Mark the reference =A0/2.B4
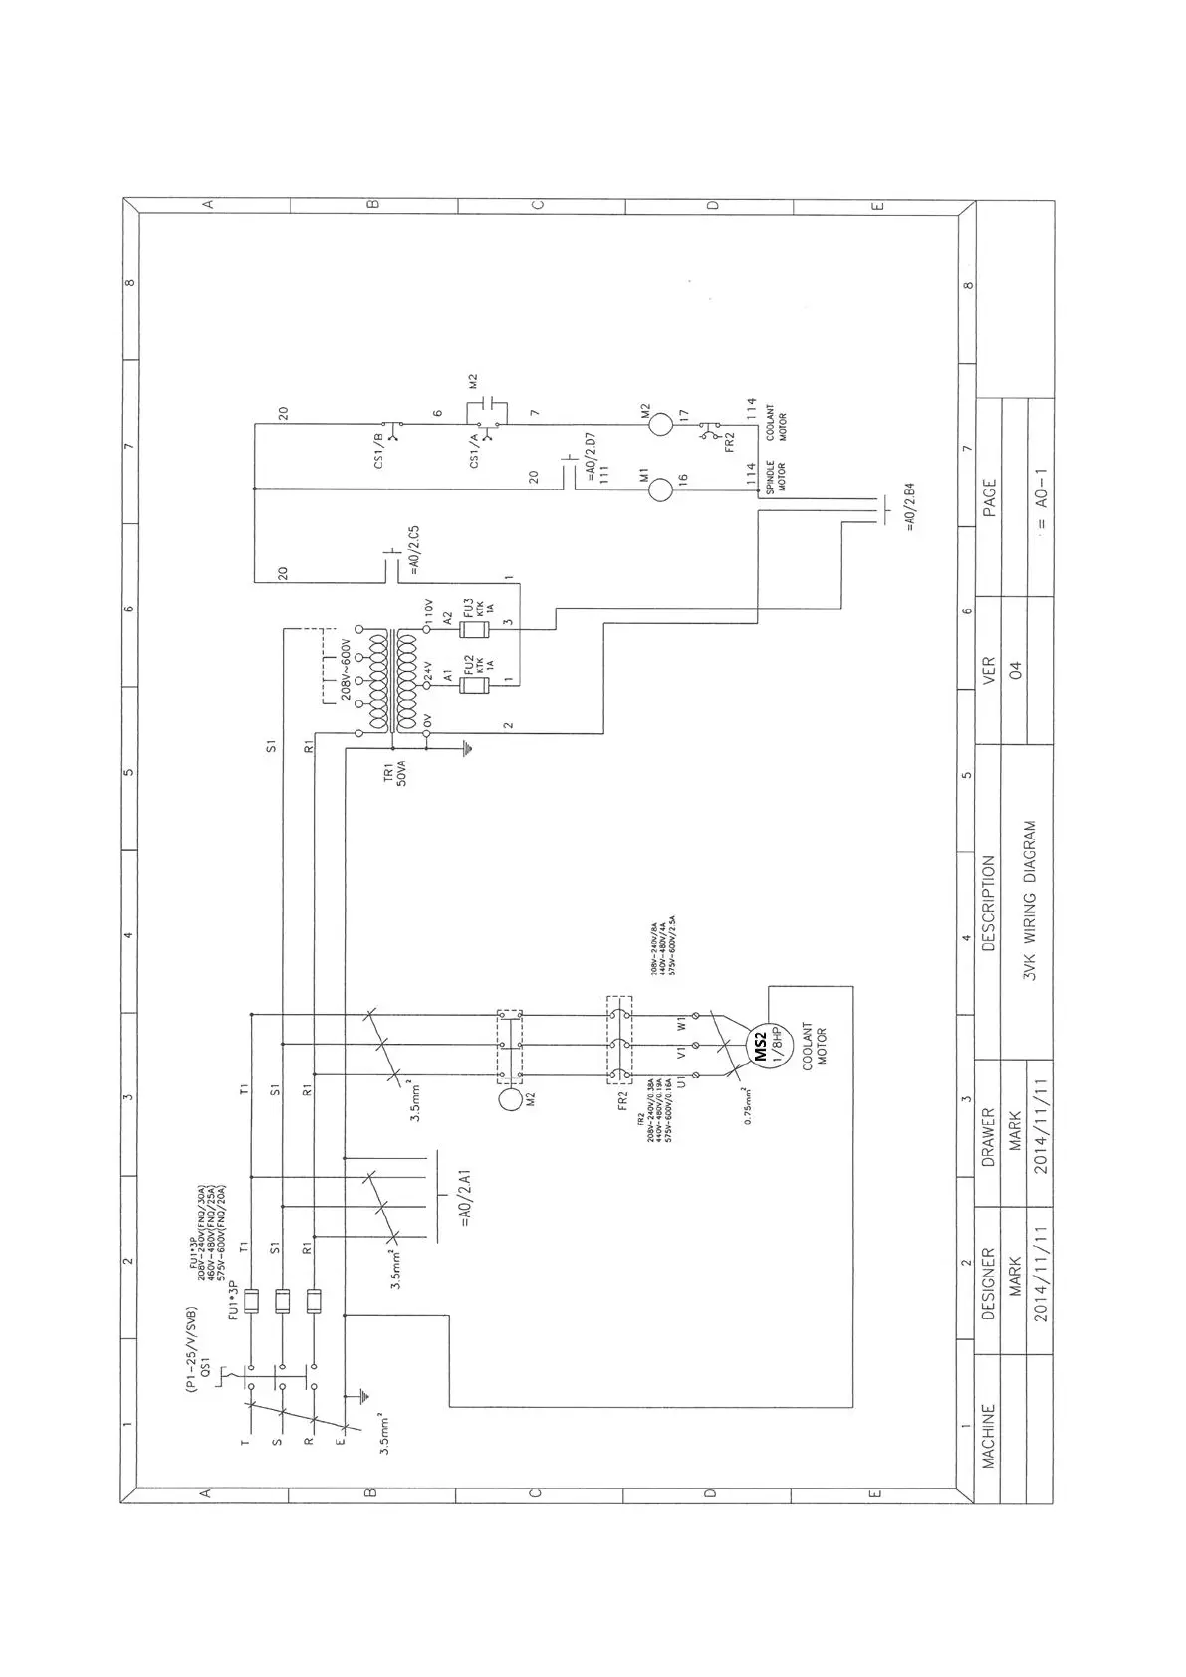[910, 508]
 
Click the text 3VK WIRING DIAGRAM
[1030, 901]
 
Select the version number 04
[1017, 671]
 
